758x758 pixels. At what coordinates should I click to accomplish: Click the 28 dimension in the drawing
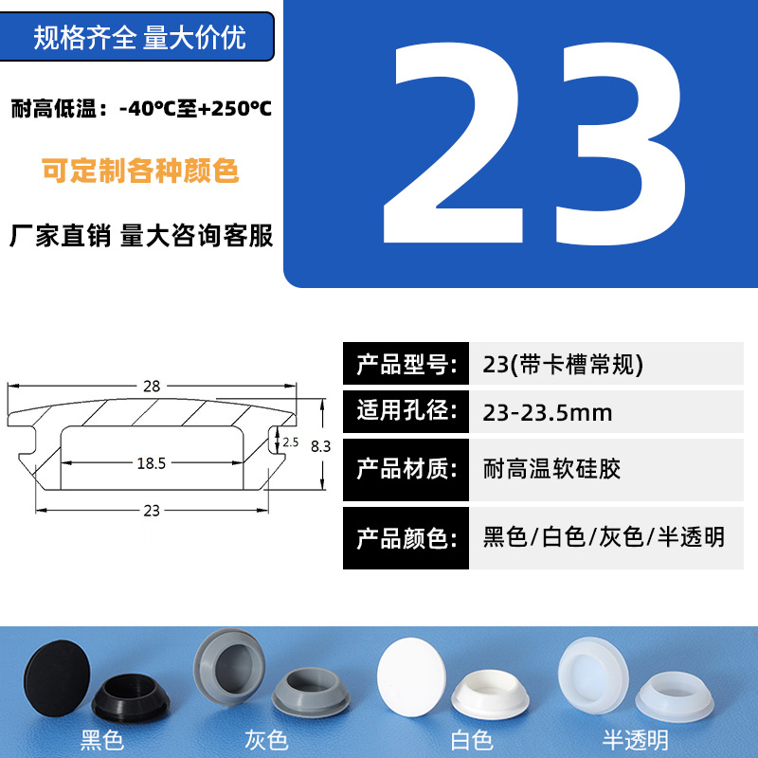click(152, 386)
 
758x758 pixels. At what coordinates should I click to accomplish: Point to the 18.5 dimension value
click(152, 463)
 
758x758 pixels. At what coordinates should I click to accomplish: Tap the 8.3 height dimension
click(320, 446)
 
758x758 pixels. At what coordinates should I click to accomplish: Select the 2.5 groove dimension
click(291, 442)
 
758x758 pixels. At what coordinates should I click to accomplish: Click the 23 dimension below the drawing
click(152, 511)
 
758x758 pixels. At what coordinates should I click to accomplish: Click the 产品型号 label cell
click(406, 364)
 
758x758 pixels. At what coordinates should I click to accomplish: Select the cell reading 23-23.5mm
click(606, 412)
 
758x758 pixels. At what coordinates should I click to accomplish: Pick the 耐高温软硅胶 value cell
click(606, 469)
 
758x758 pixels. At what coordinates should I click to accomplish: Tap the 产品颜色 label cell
click(406, 538)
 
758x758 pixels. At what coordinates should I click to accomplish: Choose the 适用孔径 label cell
click(406, 412)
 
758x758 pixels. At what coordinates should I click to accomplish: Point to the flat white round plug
click(411, 677)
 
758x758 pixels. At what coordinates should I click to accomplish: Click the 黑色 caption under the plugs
click(102, 740)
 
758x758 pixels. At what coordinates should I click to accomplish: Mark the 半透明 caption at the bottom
click(636, 740)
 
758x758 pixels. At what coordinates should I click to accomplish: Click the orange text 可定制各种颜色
click(140, 171)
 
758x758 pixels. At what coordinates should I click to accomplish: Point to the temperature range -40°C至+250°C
click(196, 108)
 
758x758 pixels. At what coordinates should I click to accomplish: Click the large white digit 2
click(454, 143)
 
